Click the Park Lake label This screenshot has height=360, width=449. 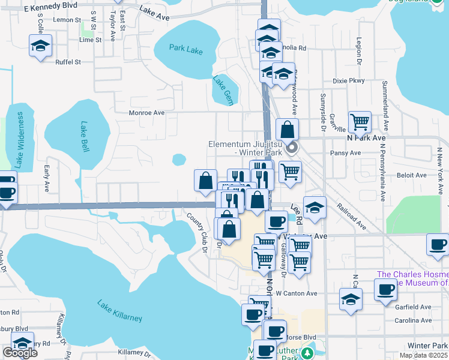[x=185, y=50]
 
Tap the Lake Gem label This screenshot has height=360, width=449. [x=222, y=86]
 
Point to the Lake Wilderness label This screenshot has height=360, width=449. [x=19, y=139]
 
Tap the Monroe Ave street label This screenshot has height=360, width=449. [x=146, y=112]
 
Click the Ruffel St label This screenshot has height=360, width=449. [x=68, y=62]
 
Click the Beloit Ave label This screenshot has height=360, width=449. [x=411, y=175]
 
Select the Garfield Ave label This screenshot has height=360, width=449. [x=414, y=307]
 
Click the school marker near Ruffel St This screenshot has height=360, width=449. [x=41, y=46]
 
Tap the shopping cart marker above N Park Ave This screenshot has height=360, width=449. [x=360, y=122]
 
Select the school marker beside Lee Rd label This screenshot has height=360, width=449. [x=315, y=207]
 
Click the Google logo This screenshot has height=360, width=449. [x=20, y=353]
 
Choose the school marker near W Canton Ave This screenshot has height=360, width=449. [x=351, y=299]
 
